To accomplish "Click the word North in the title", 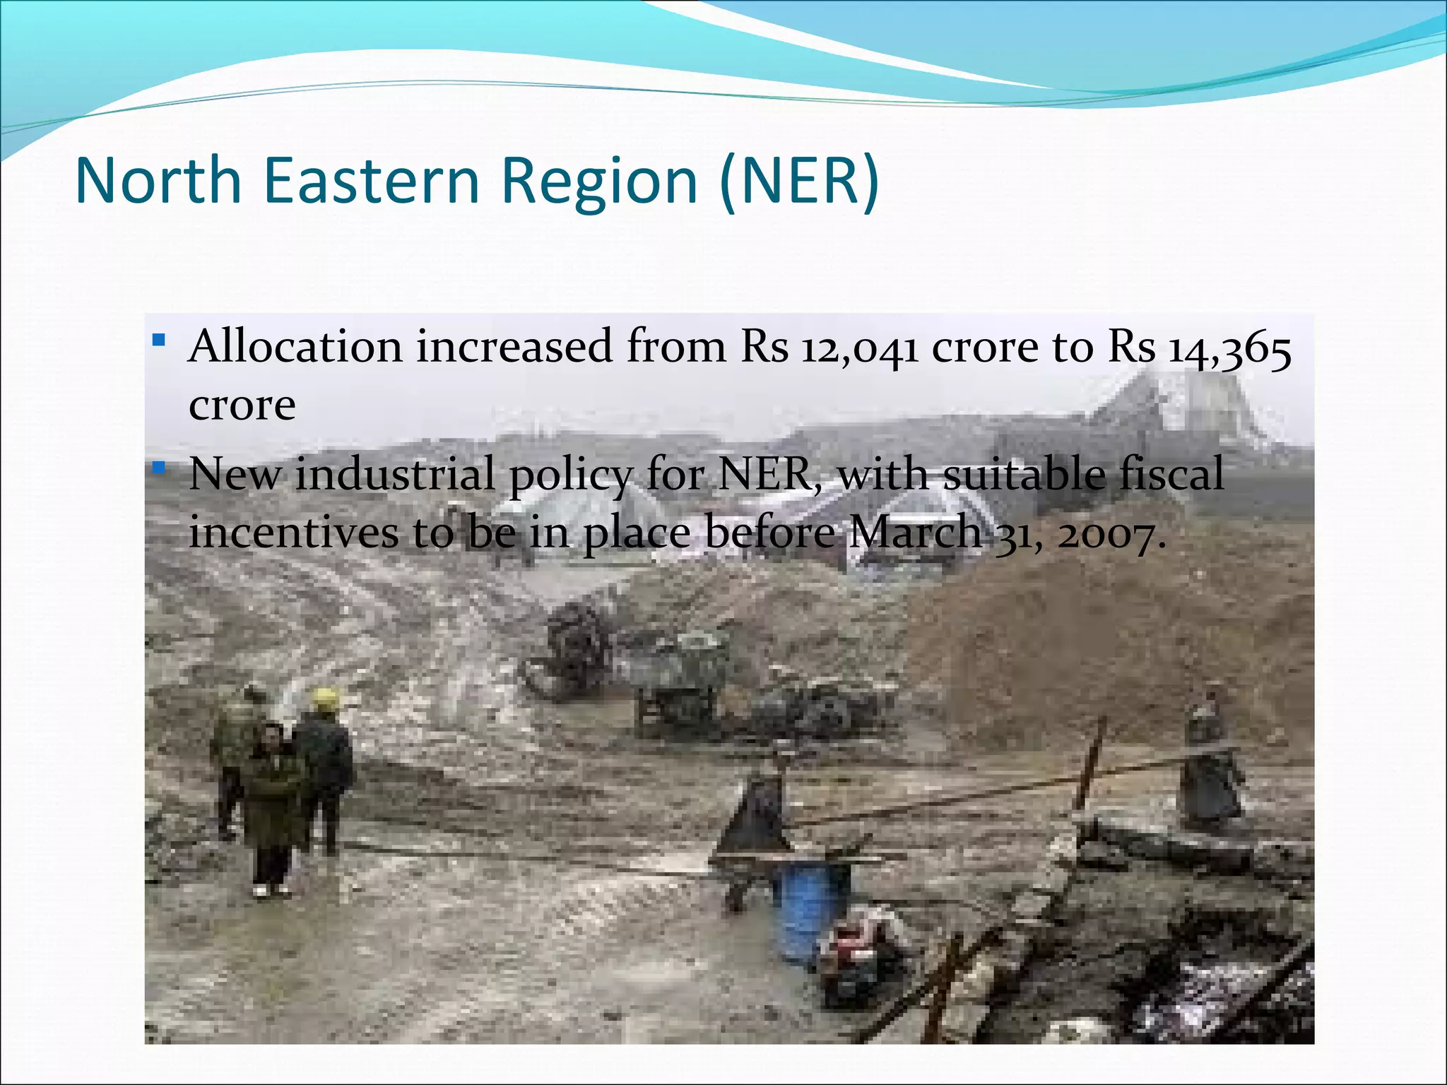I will point(158,182).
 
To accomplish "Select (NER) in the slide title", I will point(799,182).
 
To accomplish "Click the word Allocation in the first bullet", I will point(295,347).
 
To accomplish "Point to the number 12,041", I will point(859,348).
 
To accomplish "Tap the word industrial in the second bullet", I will point(395,474).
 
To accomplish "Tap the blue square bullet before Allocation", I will point(159,341).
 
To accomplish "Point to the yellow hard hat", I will point(326,698).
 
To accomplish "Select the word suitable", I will point(1024,474).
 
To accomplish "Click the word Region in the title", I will point(600,182).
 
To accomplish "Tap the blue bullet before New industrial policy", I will point(159,468).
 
